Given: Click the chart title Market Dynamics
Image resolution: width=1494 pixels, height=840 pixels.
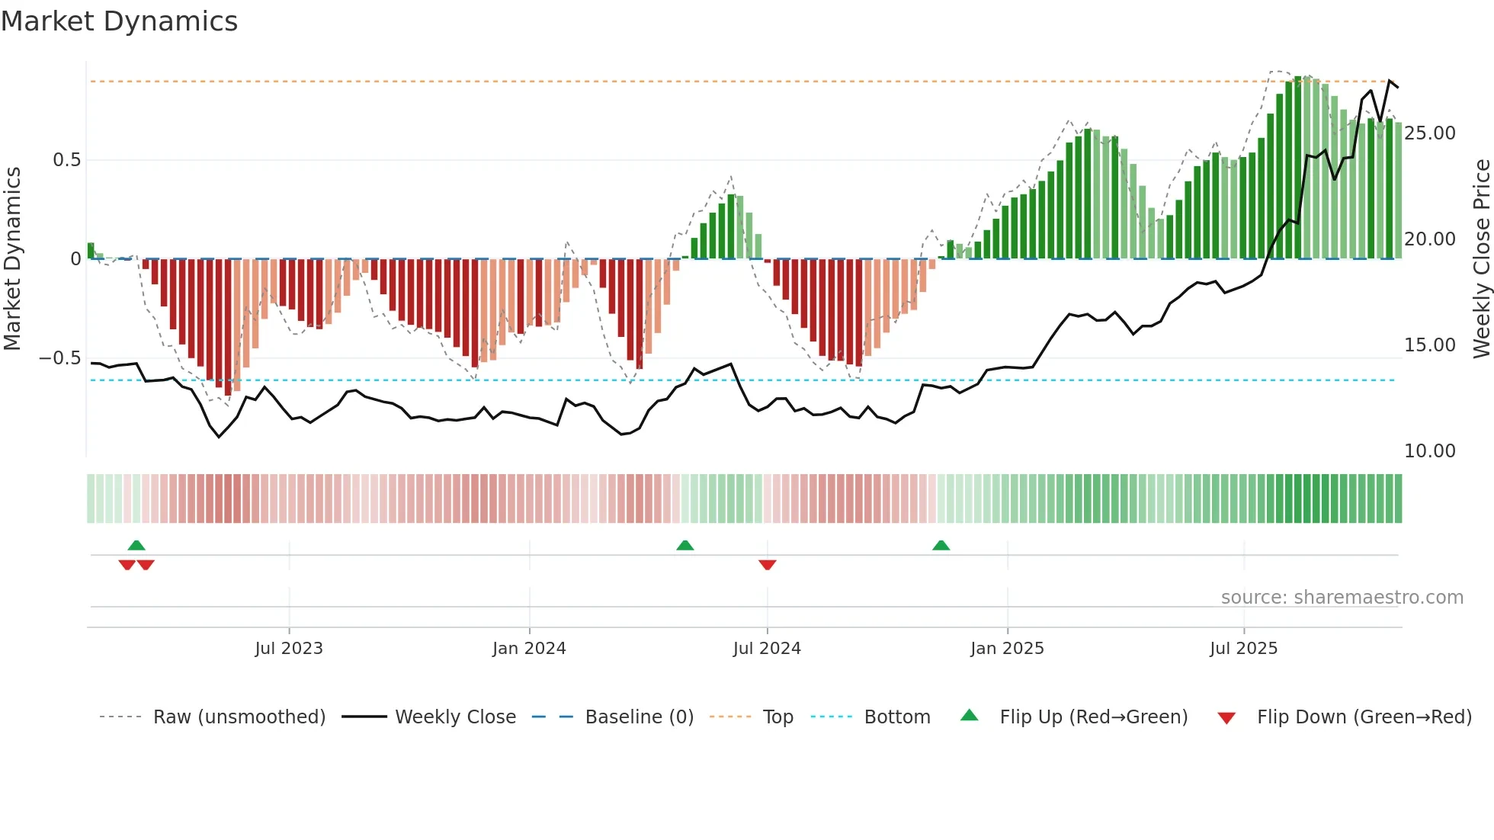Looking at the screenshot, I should (x=119, y=21).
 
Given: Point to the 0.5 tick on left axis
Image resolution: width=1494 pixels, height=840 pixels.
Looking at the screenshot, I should (x=66, y=160).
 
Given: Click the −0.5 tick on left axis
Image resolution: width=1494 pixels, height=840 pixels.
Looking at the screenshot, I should (x=60, y=358).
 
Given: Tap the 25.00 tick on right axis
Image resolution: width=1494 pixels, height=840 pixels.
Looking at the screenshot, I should (x=1429, y=133).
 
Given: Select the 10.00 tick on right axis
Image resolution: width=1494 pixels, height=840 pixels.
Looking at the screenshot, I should (x=1429, y=451).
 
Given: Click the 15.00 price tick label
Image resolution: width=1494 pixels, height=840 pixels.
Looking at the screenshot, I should (x=1429, y=345).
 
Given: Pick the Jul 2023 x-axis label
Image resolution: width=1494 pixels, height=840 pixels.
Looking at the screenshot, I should (x=289, y=649).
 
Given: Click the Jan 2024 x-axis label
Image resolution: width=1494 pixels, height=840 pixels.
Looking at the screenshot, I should (x=529, y=649).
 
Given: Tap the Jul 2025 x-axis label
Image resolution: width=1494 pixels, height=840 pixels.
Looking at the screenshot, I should (x=1243, y=649).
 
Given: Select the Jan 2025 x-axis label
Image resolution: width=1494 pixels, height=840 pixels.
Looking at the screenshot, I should (x=1007, y=649).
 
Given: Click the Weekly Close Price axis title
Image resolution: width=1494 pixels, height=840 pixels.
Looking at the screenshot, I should (x=1481, y=258).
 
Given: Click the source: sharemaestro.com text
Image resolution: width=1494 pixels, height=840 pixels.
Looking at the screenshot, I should (x=1342, y=598).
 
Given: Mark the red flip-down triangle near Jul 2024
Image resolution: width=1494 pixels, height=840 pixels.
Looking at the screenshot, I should (x=768, y=564).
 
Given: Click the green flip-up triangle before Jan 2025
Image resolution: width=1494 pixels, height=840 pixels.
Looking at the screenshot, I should (x=941, y=546).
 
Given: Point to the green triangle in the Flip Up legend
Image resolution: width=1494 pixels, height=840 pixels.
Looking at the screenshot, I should (x=969, y=716).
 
